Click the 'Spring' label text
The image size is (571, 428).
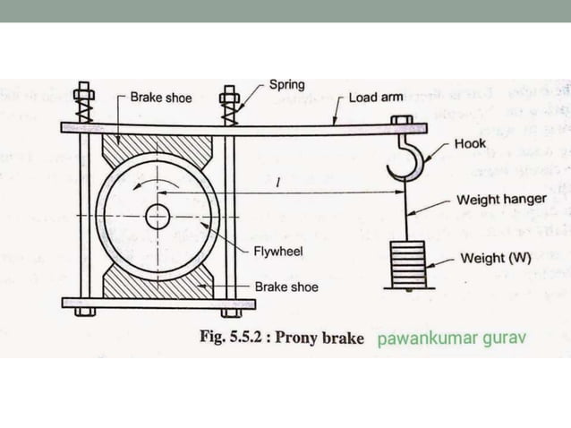[x=286, y=85]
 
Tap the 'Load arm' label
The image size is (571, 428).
[x=376, y=97]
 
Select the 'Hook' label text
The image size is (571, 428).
[x=471, y=143]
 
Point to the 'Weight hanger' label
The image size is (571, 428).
[x=501, y=199]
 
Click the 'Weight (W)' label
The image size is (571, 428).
[x=496, y=259]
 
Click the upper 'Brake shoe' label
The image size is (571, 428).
[x=160, y=97]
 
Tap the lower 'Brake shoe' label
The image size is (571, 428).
[x=286, y=287]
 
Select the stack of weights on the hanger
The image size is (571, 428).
[x=409, y=261]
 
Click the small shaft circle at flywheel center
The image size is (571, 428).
[x=158, y=217]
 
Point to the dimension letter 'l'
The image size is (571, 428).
[x=280, y=184]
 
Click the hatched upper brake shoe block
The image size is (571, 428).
[x=158, y=147]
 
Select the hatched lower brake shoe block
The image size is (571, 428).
[x=158, y=285]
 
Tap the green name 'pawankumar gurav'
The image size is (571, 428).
[x=451, y=339]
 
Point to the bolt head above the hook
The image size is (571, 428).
[x=401, y=120]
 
